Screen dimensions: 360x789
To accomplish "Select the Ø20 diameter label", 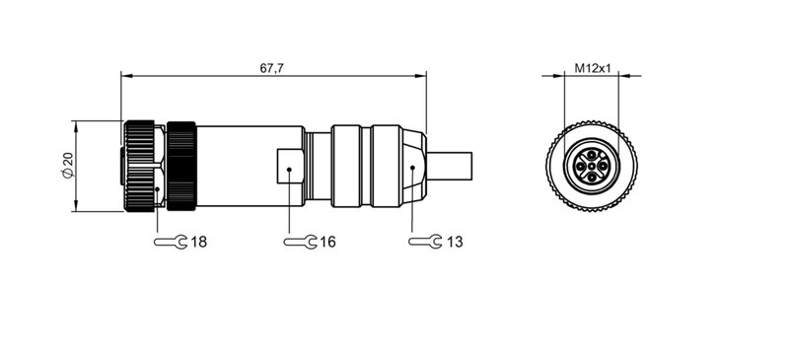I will [63, 167].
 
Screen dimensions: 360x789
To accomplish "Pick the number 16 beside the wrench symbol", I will [327, 241].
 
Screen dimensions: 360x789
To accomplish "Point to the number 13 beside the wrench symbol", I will [455, 241].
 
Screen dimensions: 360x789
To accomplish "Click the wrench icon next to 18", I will [170, 241].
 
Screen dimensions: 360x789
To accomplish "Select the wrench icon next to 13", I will [425, 241].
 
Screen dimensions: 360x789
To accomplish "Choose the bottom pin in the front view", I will [590, 179].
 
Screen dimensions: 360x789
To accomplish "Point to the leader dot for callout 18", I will [158, 187].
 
